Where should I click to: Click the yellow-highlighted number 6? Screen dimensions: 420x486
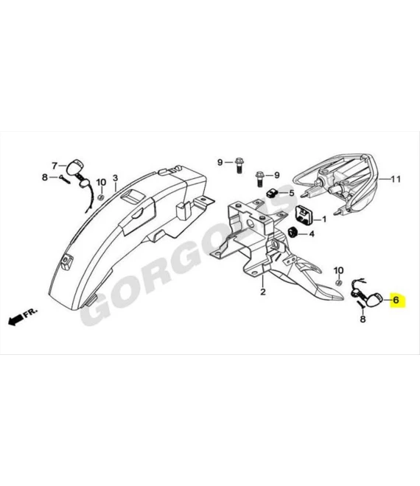[396, 300]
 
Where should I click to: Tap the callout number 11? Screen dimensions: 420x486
[396, 179]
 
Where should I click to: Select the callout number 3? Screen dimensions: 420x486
[116, 178]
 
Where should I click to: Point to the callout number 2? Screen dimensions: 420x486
[263, 292]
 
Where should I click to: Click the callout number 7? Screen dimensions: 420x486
[55, 166]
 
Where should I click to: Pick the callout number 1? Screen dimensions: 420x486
[324, 219]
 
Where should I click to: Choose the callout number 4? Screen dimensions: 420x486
[312, 233]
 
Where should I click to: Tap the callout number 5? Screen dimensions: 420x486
[292, 193]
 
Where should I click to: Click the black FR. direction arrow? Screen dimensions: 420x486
[15, 320]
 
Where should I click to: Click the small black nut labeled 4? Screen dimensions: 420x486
[293, 233]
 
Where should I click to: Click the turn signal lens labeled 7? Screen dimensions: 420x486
[76, 166]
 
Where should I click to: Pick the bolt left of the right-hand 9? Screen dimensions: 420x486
[259, 179]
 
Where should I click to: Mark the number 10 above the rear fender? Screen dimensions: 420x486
[101, 183]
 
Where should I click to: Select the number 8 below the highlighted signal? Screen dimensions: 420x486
[363, 319]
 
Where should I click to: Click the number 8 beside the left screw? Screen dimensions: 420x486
[45, 177]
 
